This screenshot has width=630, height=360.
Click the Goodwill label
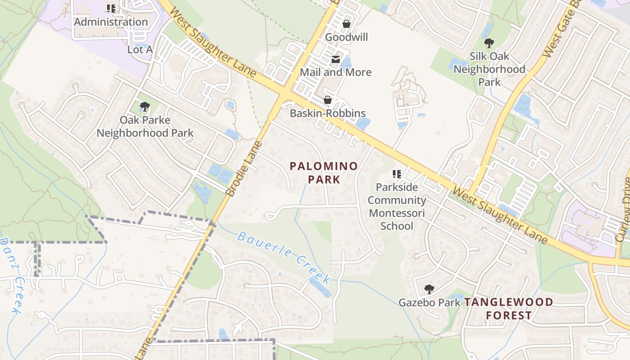(346, 37)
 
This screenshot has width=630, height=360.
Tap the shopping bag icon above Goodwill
(346, 24)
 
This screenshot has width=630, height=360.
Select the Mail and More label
(336, 72)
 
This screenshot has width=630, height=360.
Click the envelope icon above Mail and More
(336, 59)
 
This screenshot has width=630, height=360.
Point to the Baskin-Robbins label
(328, 113)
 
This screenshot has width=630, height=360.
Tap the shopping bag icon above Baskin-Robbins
(328, 100)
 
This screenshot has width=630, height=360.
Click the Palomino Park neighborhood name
(324, 173)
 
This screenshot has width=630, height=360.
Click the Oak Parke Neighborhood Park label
(145, 126)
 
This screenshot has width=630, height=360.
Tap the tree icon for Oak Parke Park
(144, 107)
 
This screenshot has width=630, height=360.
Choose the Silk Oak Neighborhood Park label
(489, 69)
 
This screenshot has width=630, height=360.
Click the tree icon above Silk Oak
(489, 44)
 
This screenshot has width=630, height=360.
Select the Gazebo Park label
(429, 302)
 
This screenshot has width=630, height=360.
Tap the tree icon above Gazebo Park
(429, 289)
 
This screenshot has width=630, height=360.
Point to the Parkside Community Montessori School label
(397, 206)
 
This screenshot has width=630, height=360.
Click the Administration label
(111, 22)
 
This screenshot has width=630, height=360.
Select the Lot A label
(140, 49)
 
